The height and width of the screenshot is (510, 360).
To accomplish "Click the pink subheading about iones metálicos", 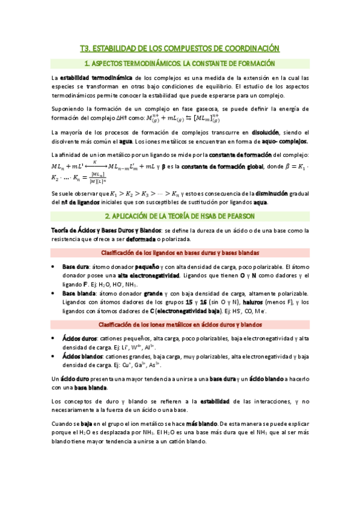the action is (x=180, y=325).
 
